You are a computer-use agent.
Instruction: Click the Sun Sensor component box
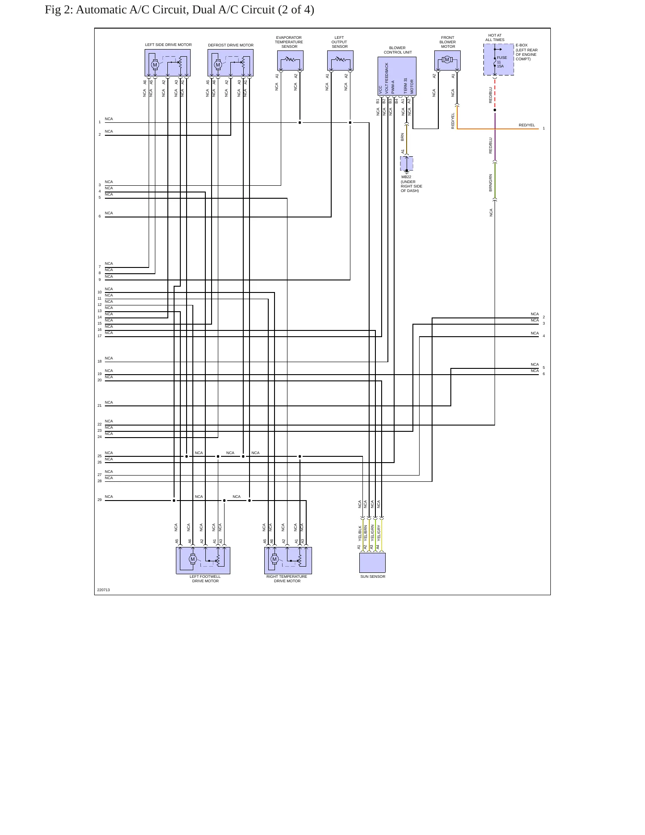point(372,563)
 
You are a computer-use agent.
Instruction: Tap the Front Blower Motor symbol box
point(447,60)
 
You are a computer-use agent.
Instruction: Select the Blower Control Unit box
point(397,76)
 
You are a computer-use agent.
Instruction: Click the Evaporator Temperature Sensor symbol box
point(290,60)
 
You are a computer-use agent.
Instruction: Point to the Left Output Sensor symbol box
point(340,60)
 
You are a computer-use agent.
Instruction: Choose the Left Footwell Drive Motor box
point(203,560)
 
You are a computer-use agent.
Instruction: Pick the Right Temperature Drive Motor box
point(288,560)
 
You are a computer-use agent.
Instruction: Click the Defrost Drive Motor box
point(230,63)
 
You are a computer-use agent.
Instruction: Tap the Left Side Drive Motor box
point(167,63)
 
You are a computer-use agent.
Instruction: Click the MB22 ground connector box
point(407,163)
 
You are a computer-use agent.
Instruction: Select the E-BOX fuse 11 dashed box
point(499,59)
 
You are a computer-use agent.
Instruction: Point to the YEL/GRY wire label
point(379,533)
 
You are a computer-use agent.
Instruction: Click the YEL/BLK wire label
point(360,533)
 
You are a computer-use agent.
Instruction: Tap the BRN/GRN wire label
point(491,183)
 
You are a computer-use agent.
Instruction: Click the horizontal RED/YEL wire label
point(527,125)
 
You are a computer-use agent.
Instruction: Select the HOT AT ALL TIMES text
point(495,38)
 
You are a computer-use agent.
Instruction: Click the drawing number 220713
point(104,590)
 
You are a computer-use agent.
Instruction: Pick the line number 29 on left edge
point(100,500)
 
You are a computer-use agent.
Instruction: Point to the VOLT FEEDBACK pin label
point(387,78)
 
